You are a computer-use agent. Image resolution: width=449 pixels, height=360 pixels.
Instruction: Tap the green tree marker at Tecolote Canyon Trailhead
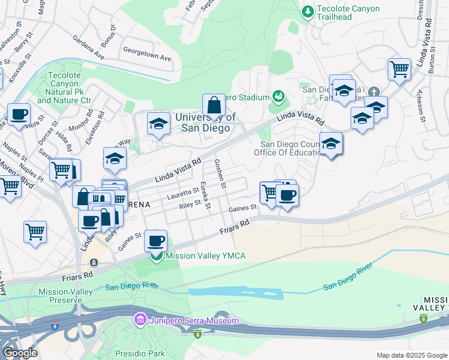(x=308, y=11)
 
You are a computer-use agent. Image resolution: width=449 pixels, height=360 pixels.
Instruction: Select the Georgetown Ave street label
(x=147, y=50)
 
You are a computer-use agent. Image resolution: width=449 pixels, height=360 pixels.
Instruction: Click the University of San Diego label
(x=205, y=123)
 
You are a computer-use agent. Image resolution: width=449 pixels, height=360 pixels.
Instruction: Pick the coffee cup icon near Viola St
(x=19, y=114)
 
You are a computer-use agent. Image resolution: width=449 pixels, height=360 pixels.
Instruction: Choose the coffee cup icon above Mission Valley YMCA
(x=156, y=241)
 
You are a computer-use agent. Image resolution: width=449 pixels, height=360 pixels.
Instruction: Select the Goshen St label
(x=220, y=173)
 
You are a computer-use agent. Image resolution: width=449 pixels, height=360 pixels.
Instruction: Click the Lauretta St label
(x=182, y=192)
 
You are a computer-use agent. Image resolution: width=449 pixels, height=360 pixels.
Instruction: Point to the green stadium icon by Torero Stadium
(x=278, y=96)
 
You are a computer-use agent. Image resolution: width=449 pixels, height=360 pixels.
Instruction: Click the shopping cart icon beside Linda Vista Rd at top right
(x=399, y=69)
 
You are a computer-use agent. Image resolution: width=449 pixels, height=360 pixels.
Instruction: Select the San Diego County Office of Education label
(x=292, y=148)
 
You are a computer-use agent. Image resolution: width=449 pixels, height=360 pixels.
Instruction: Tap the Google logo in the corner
(x=20, y=353)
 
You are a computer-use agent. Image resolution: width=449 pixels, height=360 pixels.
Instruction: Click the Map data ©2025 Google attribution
(x=411, y=355)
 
